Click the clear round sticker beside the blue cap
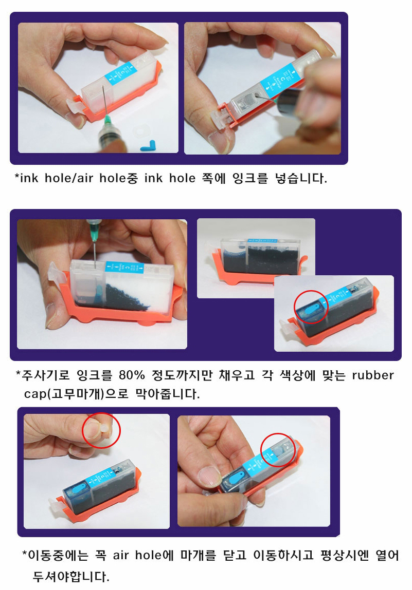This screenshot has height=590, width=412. [x=140, y=131]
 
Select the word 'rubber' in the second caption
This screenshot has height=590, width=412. [x=373, y=375]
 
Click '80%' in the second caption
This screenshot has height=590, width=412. [x=132, y=375]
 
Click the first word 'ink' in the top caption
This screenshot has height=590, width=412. [x=29, y=178]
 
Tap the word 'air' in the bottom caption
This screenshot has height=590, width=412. [x=121, y=555]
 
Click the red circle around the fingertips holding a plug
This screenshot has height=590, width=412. [x=101, y=430]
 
